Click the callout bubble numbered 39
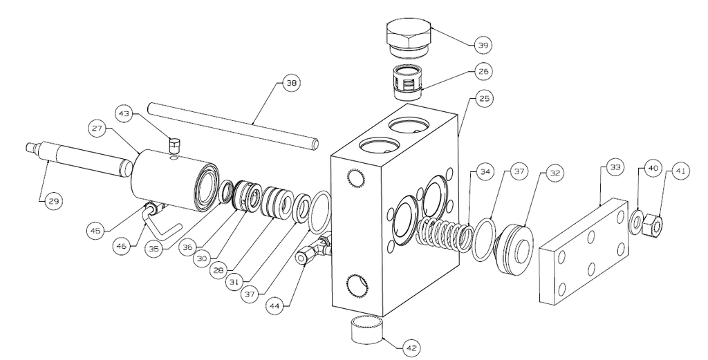pyautogui.click(x=483, y=45)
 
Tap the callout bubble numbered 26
pyautogui.click(x=483, y=71)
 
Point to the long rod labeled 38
pyautogui.click(x=234, y=126)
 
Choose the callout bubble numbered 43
pyautogui.click(x=124, y=114)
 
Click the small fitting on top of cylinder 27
pyautogui.click(x=174, y=146)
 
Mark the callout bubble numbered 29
pyautogui.click(x=53, y=201)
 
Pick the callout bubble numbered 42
pyautogui.click(x=412, y=348)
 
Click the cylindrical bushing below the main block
pyautogui.click(x=367, y=329)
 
